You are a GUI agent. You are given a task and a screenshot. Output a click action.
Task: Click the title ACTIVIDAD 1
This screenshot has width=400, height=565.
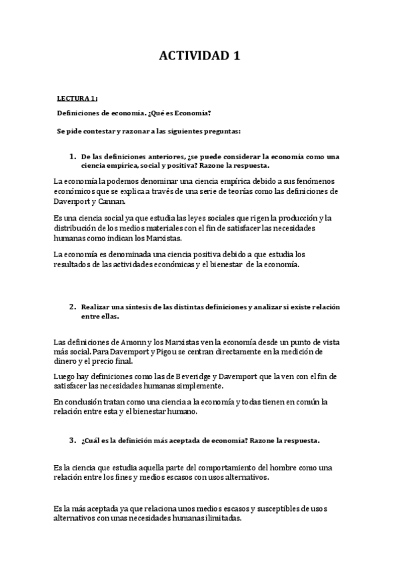coord(200,57)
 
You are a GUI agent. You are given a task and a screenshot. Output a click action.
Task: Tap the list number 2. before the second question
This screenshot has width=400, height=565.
coord(73,306)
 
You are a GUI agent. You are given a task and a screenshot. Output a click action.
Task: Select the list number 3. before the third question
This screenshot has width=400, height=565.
coord(73,440)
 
